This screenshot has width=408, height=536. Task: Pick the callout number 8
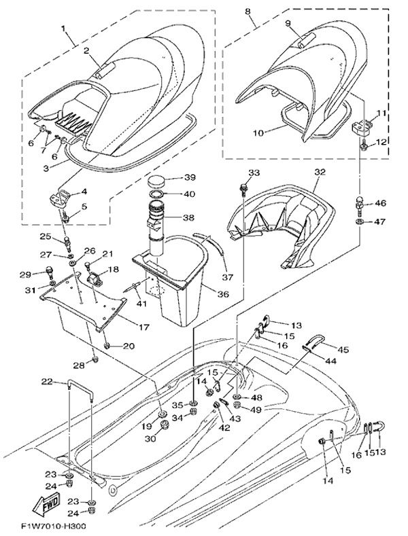[x=247, y=12]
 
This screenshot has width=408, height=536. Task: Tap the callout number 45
[x=344, y=350]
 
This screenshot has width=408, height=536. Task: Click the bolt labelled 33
[x=242, y=185]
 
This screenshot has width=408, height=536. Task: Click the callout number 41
[x=141, y=303]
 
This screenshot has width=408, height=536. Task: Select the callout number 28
[x=80, y=365]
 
